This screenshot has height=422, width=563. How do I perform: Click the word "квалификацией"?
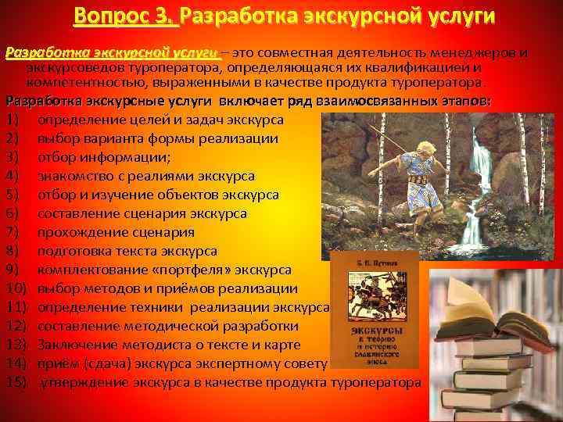tap(432, 67)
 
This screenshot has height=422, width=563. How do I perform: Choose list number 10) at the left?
tap(16, 288)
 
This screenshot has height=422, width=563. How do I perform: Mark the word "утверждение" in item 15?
tap(84, 382)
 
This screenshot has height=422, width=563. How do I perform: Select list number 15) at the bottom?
tap(16, 382)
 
